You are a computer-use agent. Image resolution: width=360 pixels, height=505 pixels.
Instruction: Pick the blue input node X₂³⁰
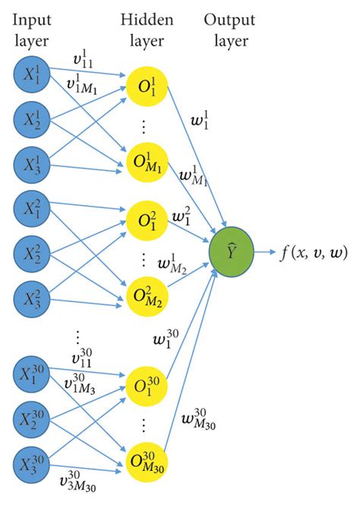[32, 420]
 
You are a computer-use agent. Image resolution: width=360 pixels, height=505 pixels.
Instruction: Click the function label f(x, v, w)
[312, 251]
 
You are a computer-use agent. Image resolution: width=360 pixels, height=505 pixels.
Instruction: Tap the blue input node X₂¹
[32, 119]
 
